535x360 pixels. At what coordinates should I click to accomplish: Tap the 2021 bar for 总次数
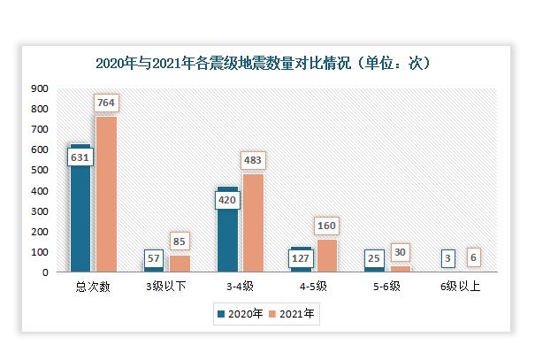[106, 195]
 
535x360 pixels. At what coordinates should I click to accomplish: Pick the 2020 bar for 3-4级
[227, 234]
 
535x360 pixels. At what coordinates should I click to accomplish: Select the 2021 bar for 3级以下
[180, 264]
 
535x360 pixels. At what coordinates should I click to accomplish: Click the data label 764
[106, 103]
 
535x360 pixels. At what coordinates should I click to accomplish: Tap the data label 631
[80, 157]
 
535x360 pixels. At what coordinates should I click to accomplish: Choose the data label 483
[253, 161]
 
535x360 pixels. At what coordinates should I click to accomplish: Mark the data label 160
[326, 226]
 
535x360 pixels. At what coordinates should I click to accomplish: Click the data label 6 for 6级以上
[473, 257]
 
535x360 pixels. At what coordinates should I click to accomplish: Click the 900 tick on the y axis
[39, 88]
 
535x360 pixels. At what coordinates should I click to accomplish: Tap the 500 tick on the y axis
[39, 171]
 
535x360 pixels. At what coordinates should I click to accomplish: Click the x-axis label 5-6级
[387, 287]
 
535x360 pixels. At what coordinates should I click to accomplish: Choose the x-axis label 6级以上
[460, 287]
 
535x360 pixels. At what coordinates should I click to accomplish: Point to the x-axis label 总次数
[93, 287]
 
